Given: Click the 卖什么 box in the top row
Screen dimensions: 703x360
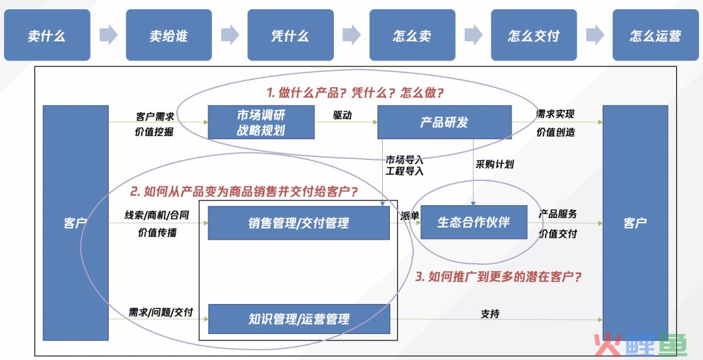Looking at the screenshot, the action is coord(47,35).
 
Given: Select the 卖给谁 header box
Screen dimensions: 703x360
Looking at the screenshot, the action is coord(169,35).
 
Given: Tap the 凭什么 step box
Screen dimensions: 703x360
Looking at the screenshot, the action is coord(290,35).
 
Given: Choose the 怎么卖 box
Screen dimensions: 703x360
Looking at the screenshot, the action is coord(413,35).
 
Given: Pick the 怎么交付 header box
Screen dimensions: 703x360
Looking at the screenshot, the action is coord(534,35).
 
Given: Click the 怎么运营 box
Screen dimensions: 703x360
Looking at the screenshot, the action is coord(655,35).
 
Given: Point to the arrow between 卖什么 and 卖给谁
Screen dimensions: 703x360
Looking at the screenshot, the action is coord(108,35).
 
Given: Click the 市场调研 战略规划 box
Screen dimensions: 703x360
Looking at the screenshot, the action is coord(261,122).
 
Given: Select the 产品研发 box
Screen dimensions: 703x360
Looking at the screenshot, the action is coord(445,122).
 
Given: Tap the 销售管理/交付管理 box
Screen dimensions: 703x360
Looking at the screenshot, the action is coord(299,223).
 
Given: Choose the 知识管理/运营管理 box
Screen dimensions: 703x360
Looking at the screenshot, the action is coord(299,319).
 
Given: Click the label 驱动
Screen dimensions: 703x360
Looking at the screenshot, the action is coord(342,115).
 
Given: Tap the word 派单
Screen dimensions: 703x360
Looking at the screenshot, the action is coord(409,215).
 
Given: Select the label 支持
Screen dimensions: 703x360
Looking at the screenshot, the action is coord(490,314).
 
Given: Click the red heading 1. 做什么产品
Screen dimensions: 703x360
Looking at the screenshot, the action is coord(355,93).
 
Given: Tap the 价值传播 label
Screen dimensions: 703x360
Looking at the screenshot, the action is coord(157,232).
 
